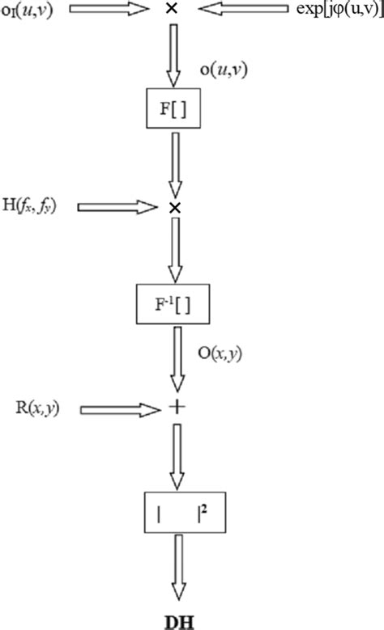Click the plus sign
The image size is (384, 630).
coord(173,409)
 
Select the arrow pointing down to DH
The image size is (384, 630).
coord(174,571)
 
